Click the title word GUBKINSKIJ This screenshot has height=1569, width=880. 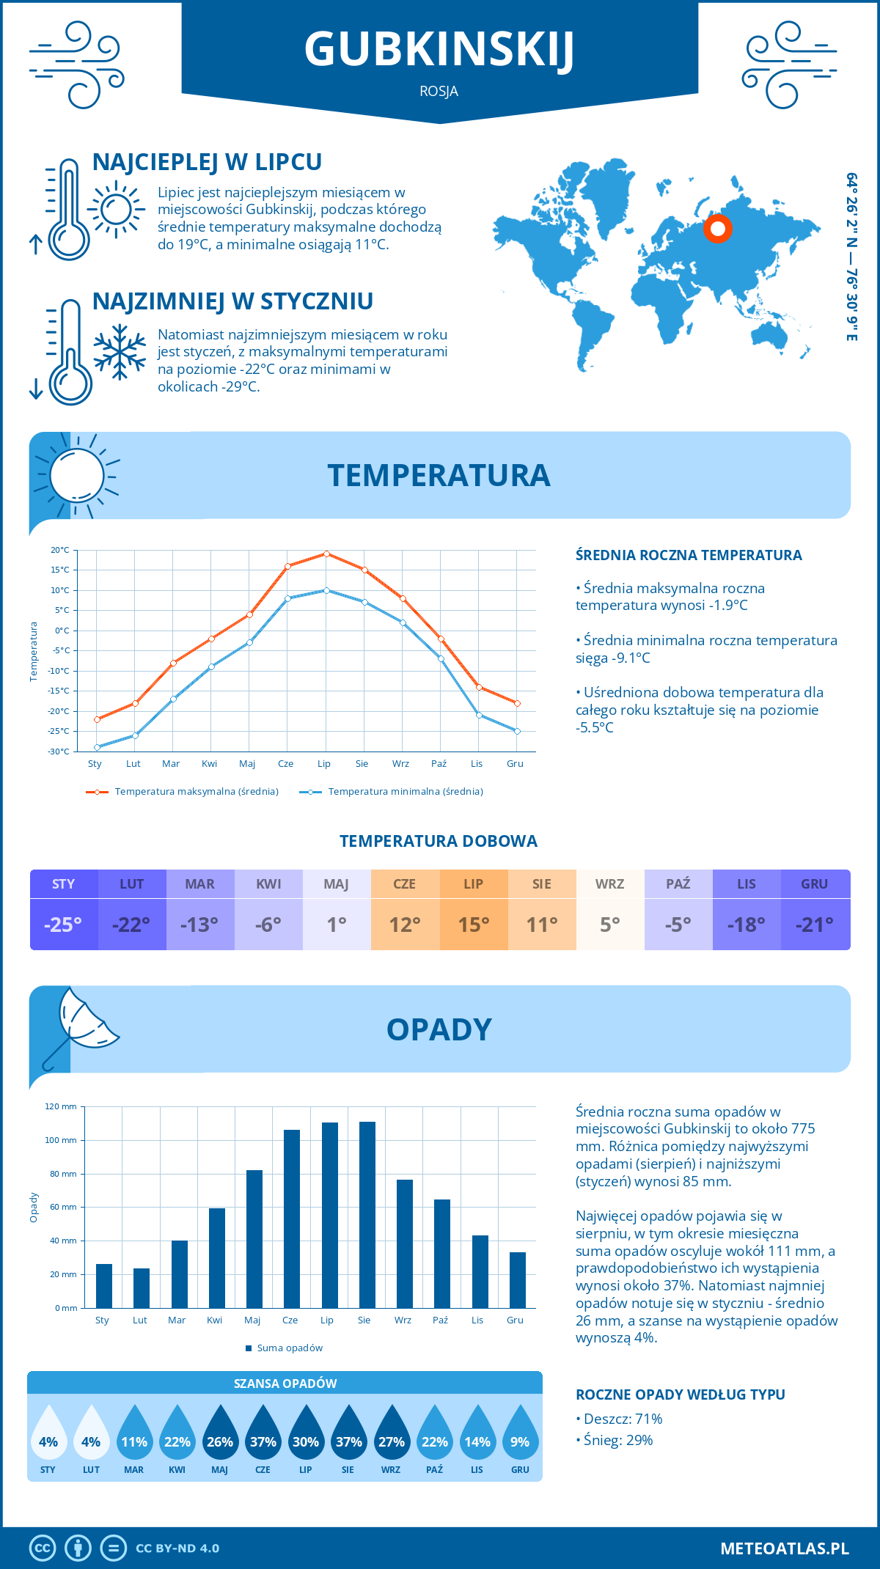(x=439, y=50)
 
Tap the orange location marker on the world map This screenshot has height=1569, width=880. (x=718, y=229)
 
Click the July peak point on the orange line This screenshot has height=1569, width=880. (x=326, y=554)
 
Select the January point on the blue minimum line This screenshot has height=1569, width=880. (x=97, y=747)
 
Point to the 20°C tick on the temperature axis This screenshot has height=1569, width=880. (x=60, y=550)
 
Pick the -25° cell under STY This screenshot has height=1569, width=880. (x=64, y=925)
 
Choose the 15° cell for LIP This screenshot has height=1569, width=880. (x=474, y=925)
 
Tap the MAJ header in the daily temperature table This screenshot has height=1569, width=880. (x=337, y=884)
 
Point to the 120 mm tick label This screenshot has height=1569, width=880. (x=61, y=1106)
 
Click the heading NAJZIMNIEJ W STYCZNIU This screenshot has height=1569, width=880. (x=232, y=301)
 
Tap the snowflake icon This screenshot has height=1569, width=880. (x=120, y=352)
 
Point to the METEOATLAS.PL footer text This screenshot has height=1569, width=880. (x=784, y=1548)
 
